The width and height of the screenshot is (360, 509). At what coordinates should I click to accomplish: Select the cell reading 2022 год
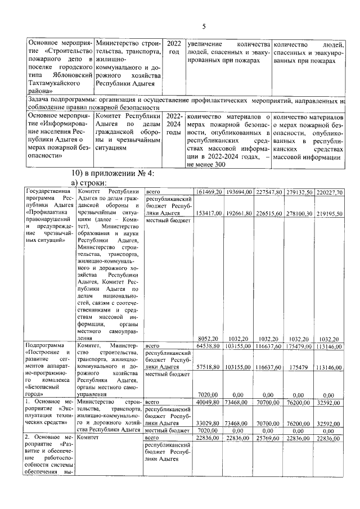(x=174, y=48)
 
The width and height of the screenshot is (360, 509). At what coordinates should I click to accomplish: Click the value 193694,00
(x=238, y=192)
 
